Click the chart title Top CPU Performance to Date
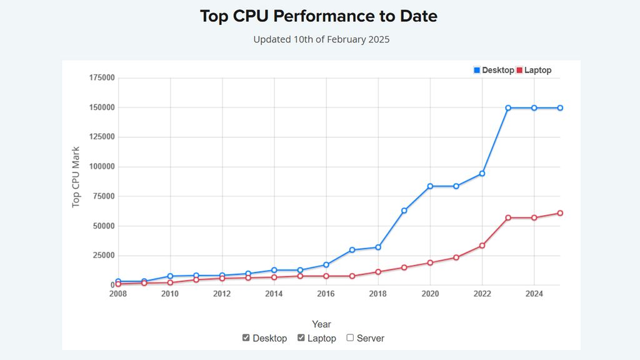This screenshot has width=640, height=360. [x=319, y=16]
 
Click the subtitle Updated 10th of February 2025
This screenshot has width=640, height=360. [x=321, y=39]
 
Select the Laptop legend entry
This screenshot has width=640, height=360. [x=534, y=71]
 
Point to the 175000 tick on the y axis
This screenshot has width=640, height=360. [x=102, y=78]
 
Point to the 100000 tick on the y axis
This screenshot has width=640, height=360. [x=102, y=167]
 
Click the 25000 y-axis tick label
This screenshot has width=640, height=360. [x=104, y=256]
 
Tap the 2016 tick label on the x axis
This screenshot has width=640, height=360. [x=326, y=294]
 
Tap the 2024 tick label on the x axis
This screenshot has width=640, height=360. [x=534, y=294]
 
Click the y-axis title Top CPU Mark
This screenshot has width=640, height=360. [x=76, y=177]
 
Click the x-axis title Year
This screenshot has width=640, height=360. [x=321, y=324]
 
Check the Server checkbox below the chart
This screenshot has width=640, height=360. [x=351, y=337]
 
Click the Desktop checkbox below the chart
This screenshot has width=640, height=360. [x=246, y=337]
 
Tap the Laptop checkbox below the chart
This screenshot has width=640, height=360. [x=301, y=337]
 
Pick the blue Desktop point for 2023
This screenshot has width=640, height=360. [x=508, y=108]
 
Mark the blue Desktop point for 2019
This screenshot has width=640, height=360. [x=404, y=211]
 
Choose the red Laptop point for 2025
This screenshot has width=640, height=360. [x=560, y=213]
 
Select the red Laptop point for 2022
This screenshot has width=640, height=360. [x=482, y=246]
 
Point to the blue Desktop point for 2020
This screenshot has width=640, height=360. [x=430, y=186]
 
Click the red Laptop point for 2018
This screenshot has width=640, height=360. [x=378, y=272]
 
